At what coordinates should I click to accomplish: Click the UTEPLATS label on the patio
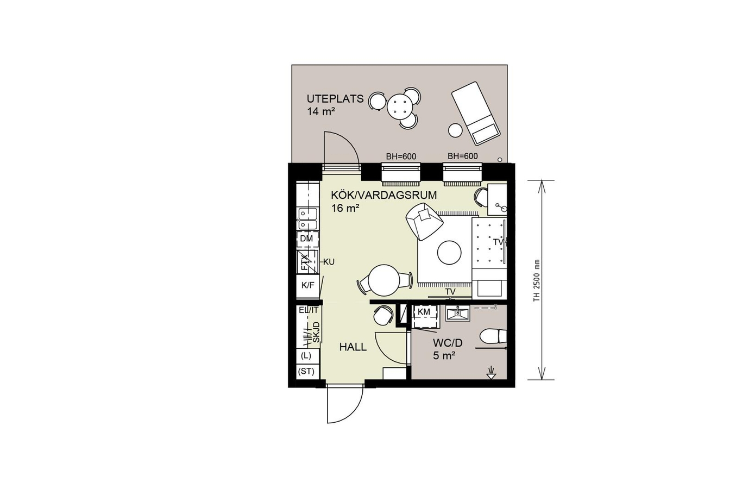pyautogui.click(x=335, y=99)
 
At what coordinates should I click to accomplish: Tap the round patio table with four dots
pyautogui.click(x=399, y=106)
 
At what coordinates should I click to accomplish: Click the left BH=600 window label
pyautogui.click(x=401, y=156)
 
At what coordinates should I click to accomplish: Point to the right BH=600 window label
pyautogui.click(x=462, y=156)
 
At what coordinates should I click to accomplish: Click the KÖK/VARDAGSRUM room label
pyautogui.click(x=384, y=195)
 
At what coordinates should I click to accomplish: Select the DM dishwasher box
pyautogui.click(x=307, y=239)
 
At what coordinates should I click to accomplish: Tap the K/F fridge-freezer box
pyautogui.click(x=308, y=285)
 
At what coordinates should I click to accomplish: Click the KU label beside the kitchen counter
pyautogui.click(x=329, y=262)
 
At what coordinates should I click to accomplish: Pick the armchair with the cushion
pyautogui.click(x=424, y=221)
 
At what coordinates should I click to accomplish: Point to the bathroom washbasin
pyautogui.click(x=458, y=313)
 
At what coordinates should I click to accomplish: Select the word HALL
pyautogui.click(x=353, y=347)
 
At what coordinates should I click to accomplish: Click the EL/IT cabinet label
pyautogui.click(x=309, y=310)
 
